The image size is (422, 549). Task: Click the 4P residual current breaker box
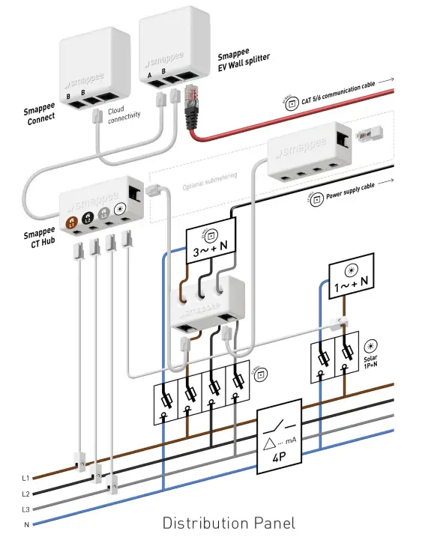(x=279, y=441)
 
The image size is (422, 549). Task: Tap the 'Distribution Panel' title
(x=229, y=523)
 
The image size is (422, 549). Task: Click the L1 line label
(x=25, y=477)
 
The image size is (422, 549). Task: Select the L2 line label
(x=25, y=494)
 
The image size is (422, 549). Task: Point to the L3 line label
(x=25, y=509)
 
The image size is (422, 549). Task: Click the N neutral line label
(x=26, y=525)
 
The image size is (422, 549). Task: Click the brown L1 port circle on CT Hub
(x=72, y=221)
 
